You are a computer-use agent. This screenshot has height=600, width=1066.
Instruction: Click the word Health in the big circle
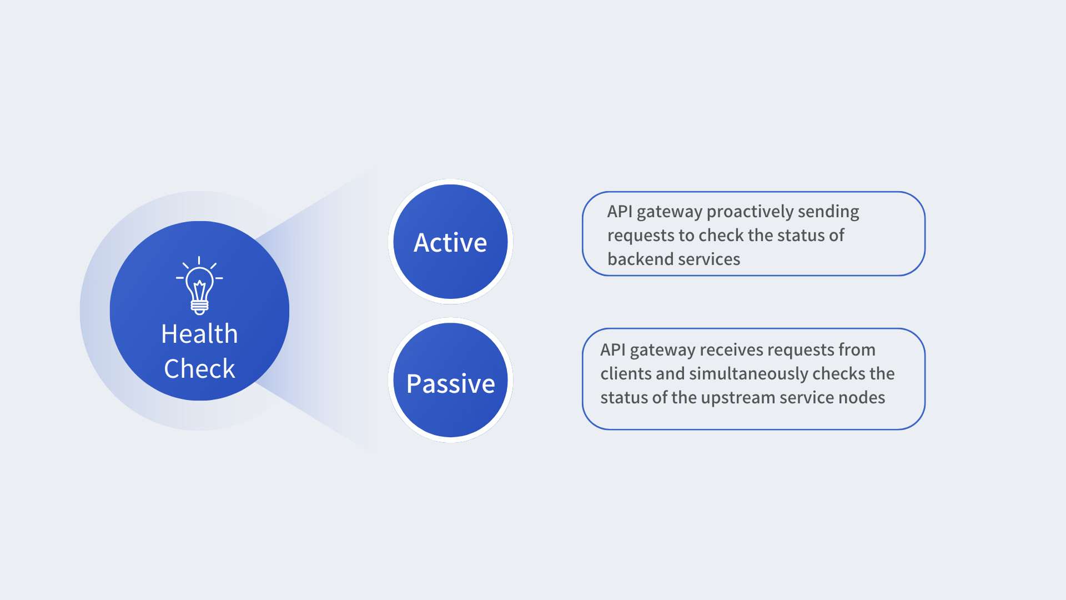pyautogui.click(x=199, y=334)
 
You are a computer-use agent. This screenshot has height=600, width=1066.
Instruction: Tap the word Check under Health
pyautogui.click(x=199, y=369)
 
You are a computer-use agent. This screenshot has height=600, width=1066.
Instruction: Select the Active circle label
pyautogui.click(x=450, y=243)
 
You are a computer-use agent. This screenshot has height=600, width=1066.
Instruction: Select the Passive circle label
pyautogui.click(x=450, y=383)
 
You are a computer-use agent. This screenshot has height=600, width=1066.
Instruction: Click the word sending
pyautogui.click(x=828, y=212)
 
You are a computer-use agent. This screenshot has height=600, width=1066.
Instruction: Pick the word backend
pyautogui.click(x=633, y=259)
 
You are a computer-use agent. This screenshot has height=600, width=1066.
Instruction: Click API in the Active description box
pyautogui.click(x=620, y=212)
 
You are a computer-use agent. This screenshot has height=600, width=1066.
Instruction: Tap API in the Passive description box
pyautogui.click(x=612, y=350)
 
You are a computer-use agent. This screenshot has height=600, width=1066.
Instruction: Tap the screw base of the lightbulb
pyautogui.click(x=199, y=306)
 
